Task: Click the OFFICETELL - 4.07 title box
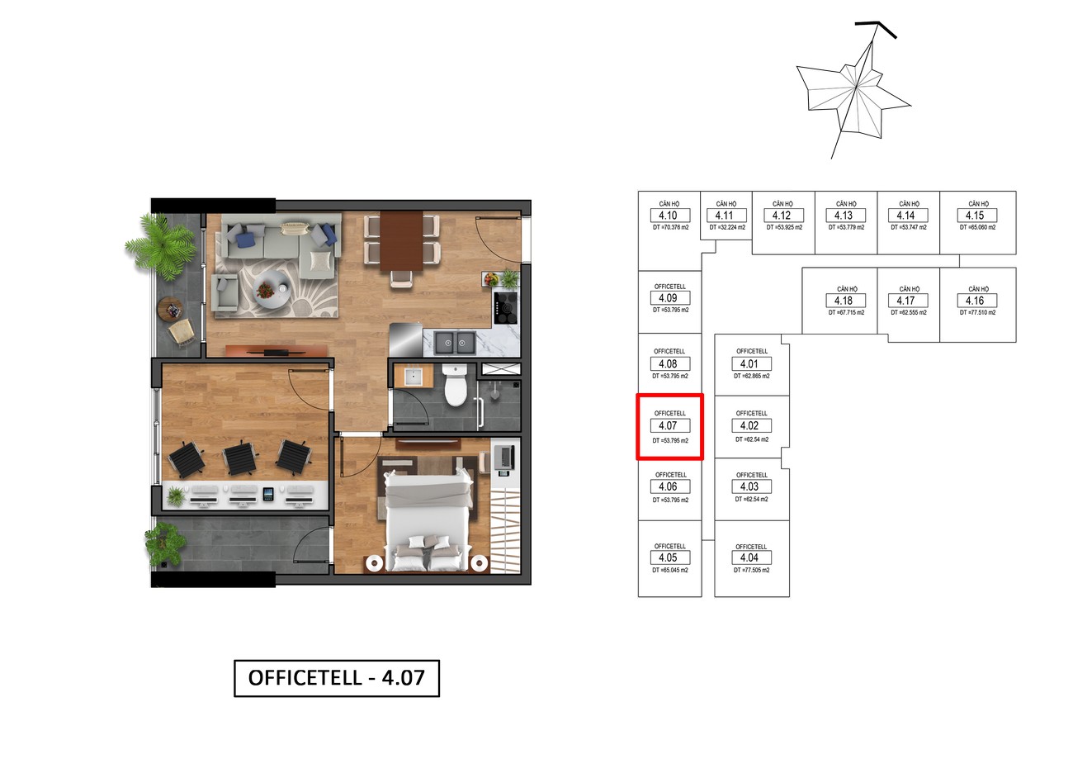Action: tap(336, 678)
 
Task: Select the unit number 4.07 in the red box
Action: tap(668, 425)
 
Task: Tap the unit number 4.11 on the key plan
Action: tap(725, 216)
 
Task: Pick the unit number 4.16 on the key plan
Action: tap(975, 301)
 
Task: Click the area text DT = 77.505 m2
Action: tap(752, 570)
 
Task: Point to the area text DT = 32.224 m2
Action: tap(727, 228)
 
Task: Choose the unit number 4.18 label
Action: tap(844, 301)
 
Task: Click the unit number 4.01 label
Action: tap(749, 364)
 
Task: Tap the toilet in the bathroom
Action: tap(455, 384)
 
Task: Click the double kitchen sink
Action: tap(455, 343)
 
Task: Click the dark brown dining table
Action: tap(402, 241)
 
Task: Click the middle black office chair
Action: tap(239, 457)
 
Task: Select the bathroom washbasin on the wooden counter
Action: tap(413, 376)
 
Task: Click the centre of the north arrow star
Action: tap(856, 88)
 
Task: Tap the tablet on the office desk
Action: tap(268, 494)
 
